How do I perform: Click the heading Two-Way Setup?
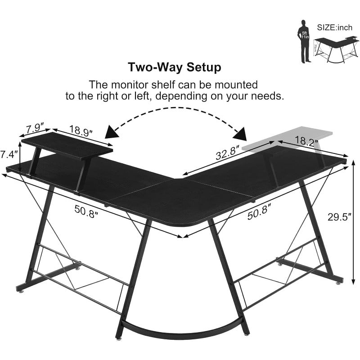tap(175, 68)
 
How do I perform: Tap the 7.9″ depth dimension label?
tap(34, 127)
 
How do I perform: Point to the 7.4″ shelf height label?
tap(9, 154)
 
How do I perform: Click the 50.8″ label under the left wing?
tap(87, 210)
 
